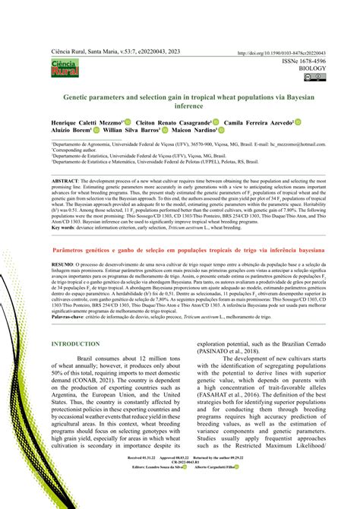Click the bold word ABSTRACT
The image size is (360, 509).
click(67, 182)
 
